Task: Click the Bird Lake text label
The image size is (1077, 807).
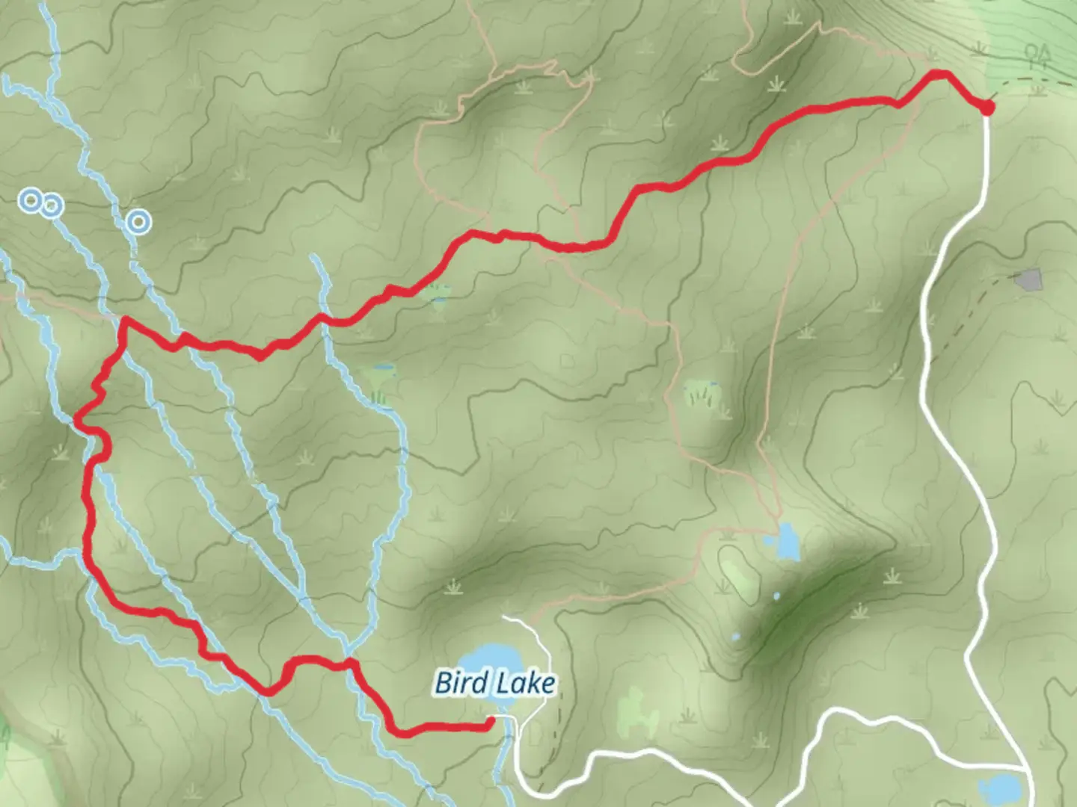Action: pyautogui.click(x=495, y=683)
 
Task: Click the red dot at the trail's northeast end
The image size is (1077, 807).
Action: pyautogui.click(x=987, y=108)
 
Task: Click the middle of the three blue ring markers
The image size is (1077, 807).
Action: pyautogui.click(x=51, y=205)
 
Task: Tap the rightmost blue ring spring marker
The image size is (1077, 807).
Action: pyautogui.click(x=138, y=221)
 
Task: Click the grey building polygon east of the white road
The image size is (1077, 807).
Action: pyautogui.click(x=1028, y=280)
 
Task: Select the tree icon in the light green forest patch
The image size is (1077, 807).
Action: pyautogui.click(x=1037, y=54)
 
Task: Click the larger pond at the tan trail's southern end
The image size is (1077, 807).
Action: pyautogui.click(x=787, y=542)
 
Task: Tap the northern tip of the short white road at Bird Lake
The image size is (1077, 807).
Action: pyautogui.click(x=506, y=618)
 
